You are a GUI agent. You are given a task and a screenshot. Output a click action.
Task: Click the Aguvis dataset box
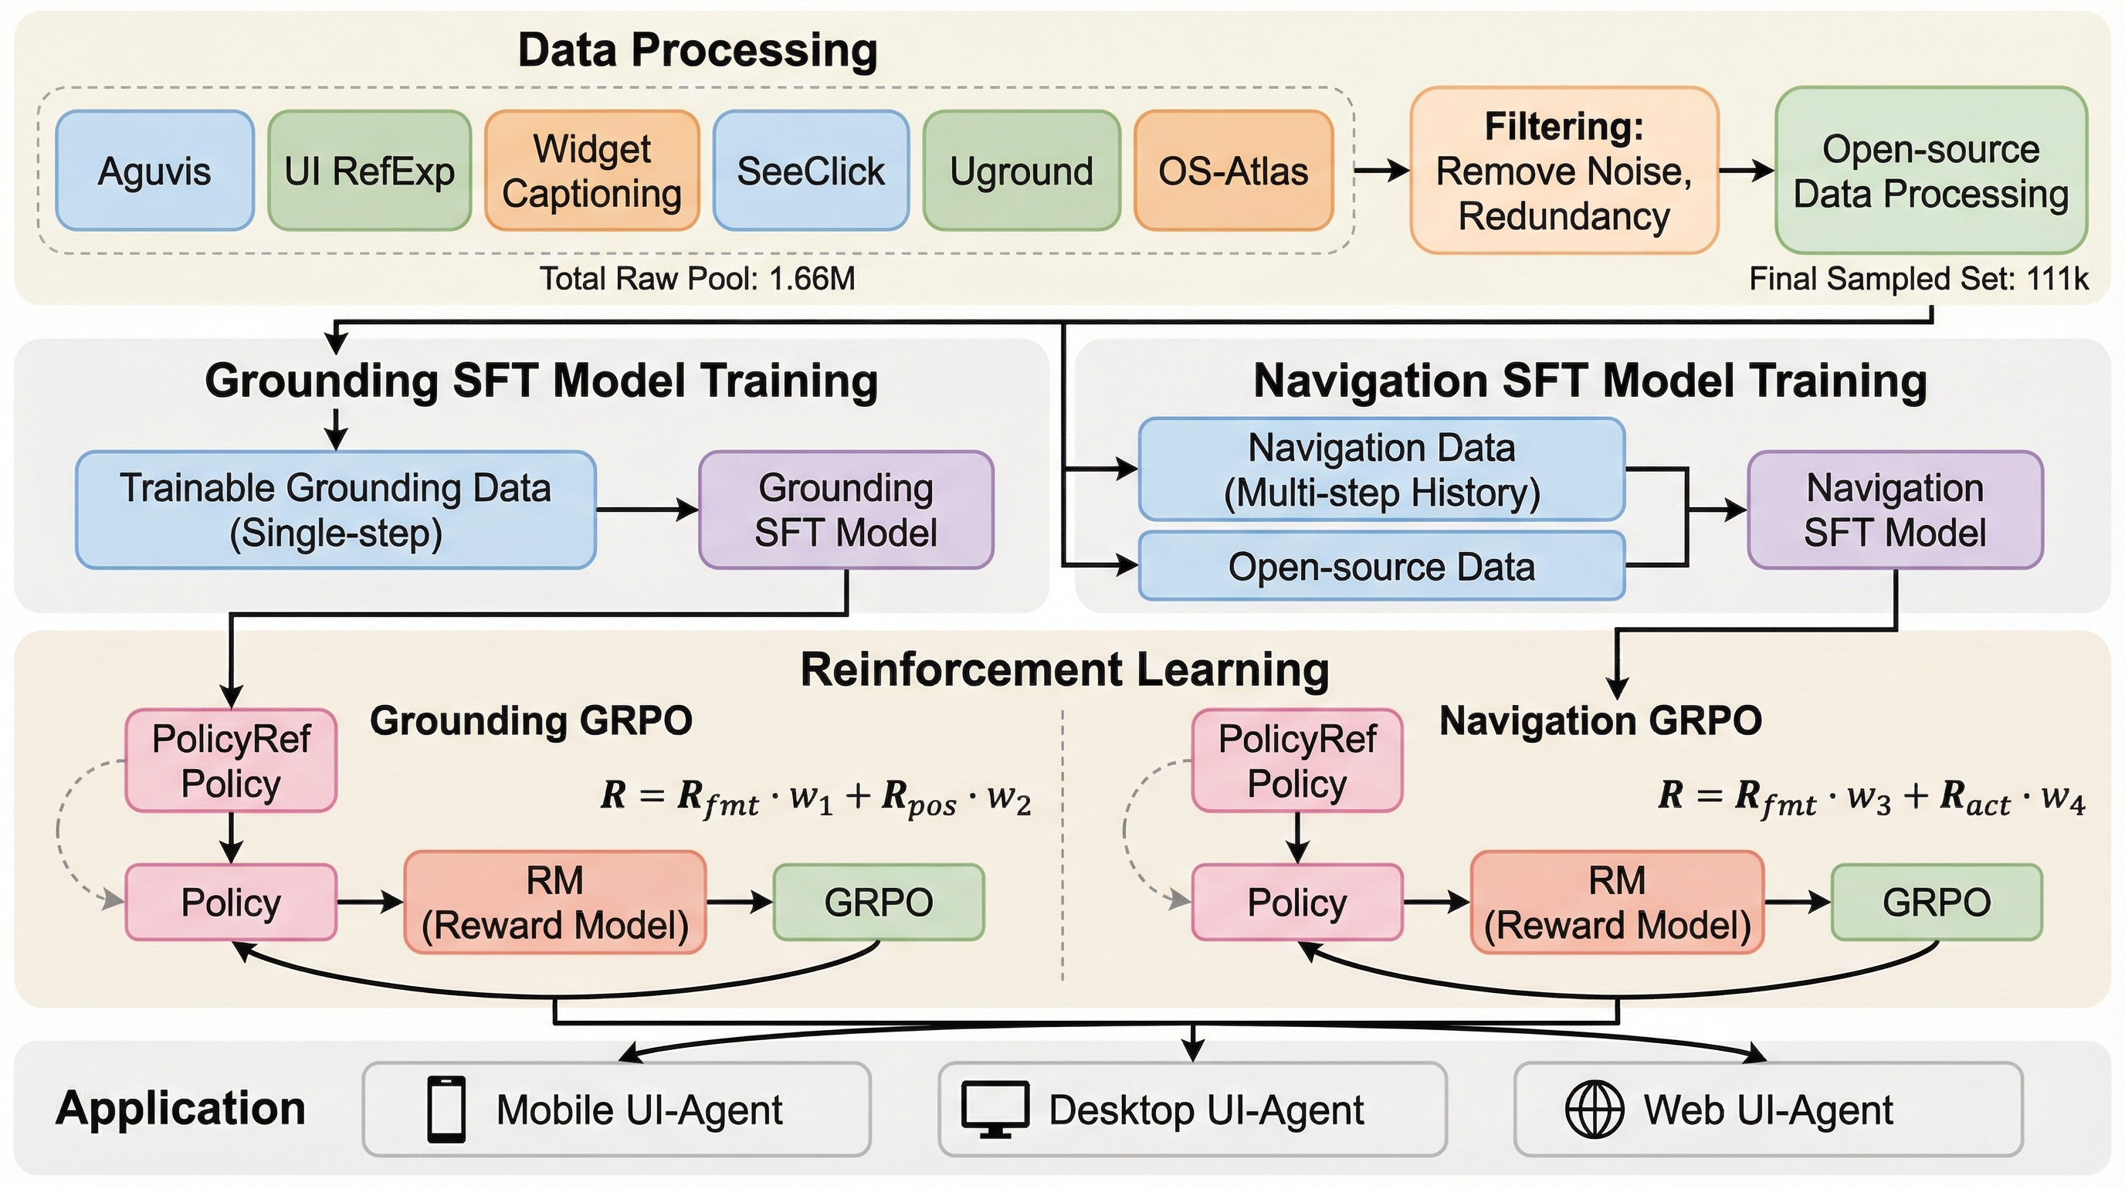pos(154,171)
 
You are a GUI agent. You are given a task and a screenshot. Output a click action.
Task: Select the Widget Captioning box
pos(591,171)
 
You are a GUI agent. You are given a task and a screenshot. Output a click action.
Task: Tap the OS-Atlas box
pos(1233,171)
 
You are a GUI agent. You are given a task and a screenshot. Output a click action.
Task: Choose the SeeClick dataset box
pos(811,171)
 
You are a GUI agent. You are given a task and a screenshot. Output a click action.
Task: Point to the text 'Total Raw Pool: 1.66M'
pos(697,279)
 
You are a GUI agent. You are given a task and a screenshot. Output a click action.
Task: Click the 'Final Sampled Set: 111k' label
pos(1919,279)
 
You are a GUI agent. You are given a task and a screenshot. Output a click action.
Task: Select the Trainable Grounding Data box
pos(335,510)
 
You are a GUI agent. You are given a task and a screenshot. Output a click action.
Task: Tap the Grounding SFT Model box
pos(846,510)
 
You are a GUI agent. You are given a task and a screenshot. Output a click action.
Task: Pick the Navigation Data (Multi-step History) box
pos(1381,469)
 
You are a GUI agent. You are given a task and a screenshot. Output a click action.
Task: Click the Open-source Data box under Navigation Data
pos(1381,567)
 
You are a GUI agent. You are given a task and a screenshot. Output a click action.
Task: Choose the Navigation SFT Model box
pos(1895,510)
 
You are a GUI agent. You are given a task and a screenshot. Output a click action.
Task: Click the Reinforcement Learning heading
pos(1064,669)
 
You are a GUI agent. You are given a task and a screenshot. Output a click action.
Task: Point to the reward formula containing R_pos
pos(816,798)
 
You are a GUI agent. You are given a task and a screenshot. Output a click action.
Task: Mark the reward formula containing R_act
pos(1872,798)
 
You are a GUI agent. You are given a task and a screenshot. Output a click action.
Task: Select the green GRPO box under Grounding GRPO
pos(879,903)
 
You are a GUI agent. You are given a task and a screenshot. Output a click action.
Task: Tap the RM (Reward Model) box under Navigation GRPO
pos(1617,903)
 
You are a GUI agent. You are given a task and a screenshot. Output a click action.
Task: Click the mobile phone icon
pos(446,1110)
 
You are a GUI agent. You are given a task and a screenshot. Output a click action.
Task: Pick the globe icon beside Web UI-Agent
pos(1594,1110)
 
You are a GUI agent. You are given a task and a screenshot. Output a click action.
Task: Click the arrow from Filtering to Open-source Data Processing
pos(1746,171)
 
